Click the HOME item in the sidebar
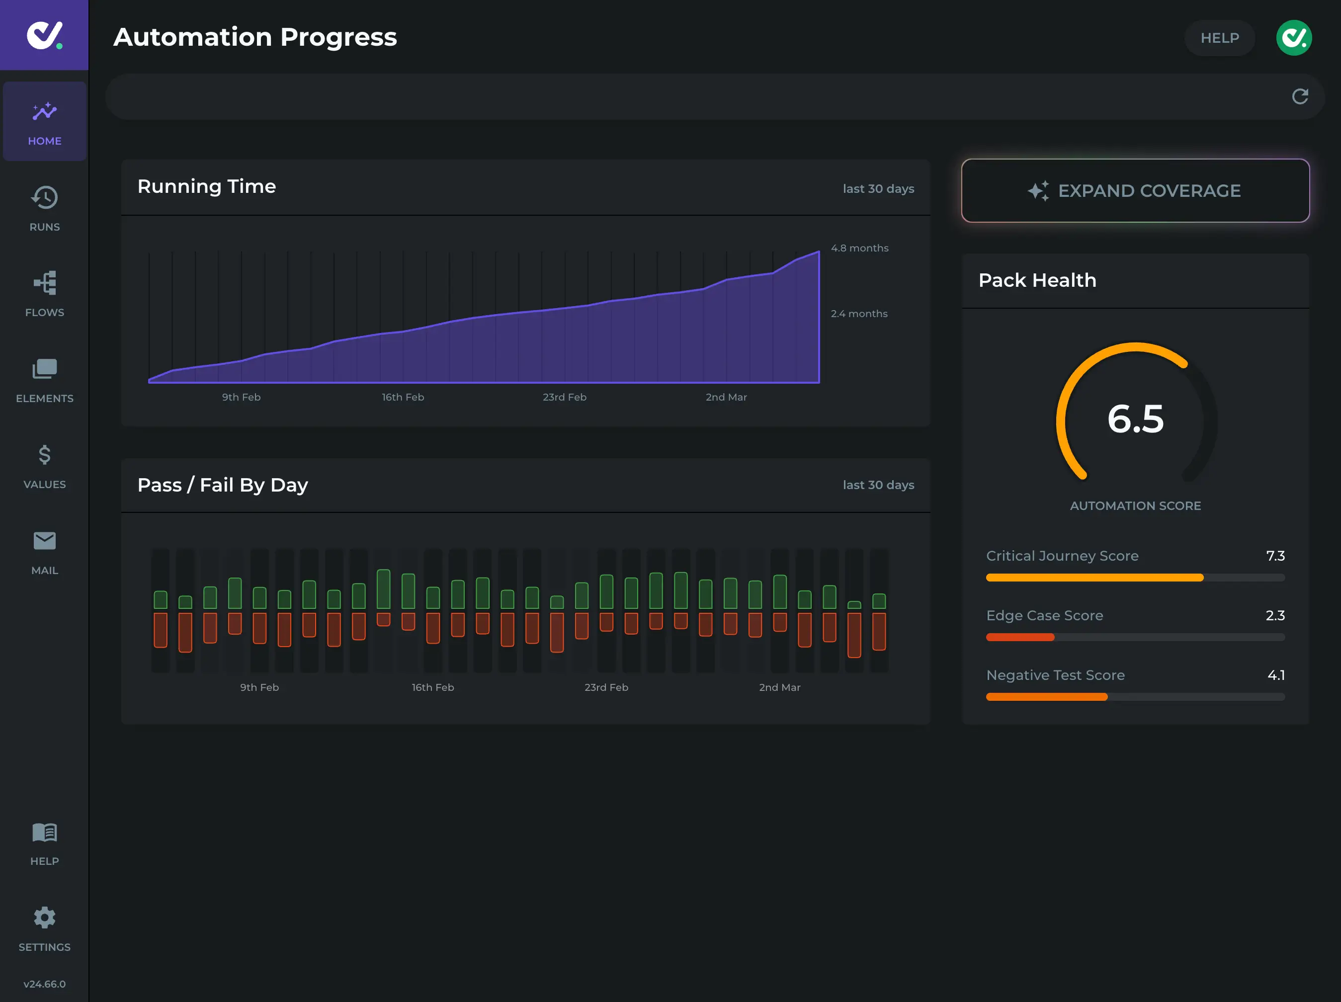(x=44, y=122)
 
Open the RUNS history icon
(x=44, y=198)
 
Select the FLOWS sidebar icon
(x=44, y=283)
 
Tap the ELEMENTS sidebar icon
(x=44, y=369)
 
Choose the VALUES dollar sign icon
(x=44, y=455)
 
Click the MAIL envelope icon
(x=44, y=541)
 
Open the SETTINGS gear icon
(x=44, y=918)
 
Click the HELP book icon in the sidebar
(x=44, y=833)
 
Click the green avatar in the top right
(x=1294, y=38)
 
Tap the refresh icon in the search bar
(x=1300, y=96)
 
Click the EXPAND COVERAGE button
(x=1135, y=191)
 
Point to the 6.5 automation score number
(x=1135, y=418)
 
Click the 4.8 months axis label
(x=859, y=248)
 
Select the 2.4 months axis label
(x=858, y=314)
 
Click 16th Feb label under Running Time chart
(x=403, y=397)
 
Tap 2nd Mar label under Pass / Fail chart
(x=780, y=687)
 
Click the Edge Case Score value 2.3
(x=1274, y=615)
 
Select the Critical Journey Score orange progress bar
(x=1094, y=578)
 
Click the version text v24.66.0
(x=44, y=984)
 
